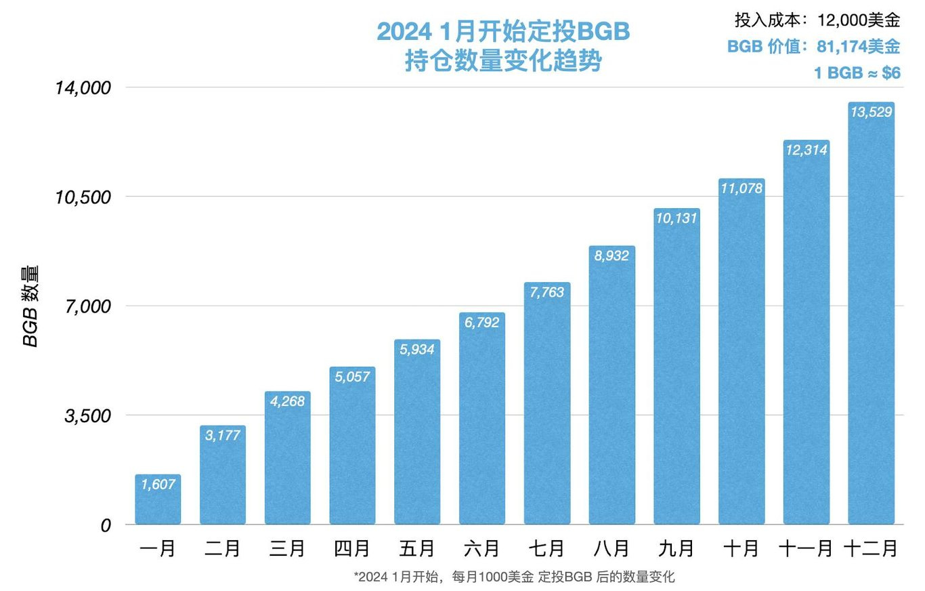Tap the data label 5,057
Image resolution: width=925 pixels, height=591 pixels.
point(352,376)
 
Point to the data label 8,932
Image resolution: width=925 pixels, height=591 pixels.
point(611,256)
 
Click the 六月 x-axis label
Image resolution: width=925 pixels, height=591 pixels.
point(481,548)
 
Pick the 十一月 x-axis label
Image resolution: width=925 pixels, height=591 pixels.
point(805,548)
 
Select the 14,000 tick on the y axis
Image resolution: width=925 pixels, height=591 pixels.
point(82,88)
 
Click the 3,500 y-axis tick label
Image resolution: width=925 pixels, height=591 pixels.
point(87,415)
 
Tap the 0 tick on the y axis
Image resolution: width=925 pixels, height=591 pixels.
point(105,525)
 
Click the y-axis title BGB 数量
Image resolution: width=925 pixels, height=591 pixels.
point(31,306)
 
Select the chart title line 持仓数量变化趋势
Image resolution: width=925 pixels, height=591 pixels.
point(502,62)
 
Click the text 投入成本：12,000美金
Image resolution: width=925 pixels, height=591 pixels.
point(817,20)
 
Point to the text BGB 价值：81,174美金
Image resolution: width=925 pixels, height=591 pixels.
point(813,47)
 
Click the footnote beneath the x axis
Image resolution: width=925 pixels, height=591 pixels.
point(514,577)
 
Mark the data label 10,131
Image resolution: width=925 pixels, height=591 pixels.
point(676,218)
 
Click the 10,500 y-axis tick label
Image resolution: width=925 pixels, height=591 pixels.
point(82,197)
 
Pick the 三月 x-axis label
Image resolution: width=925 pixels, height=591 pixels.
point(287,548)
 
